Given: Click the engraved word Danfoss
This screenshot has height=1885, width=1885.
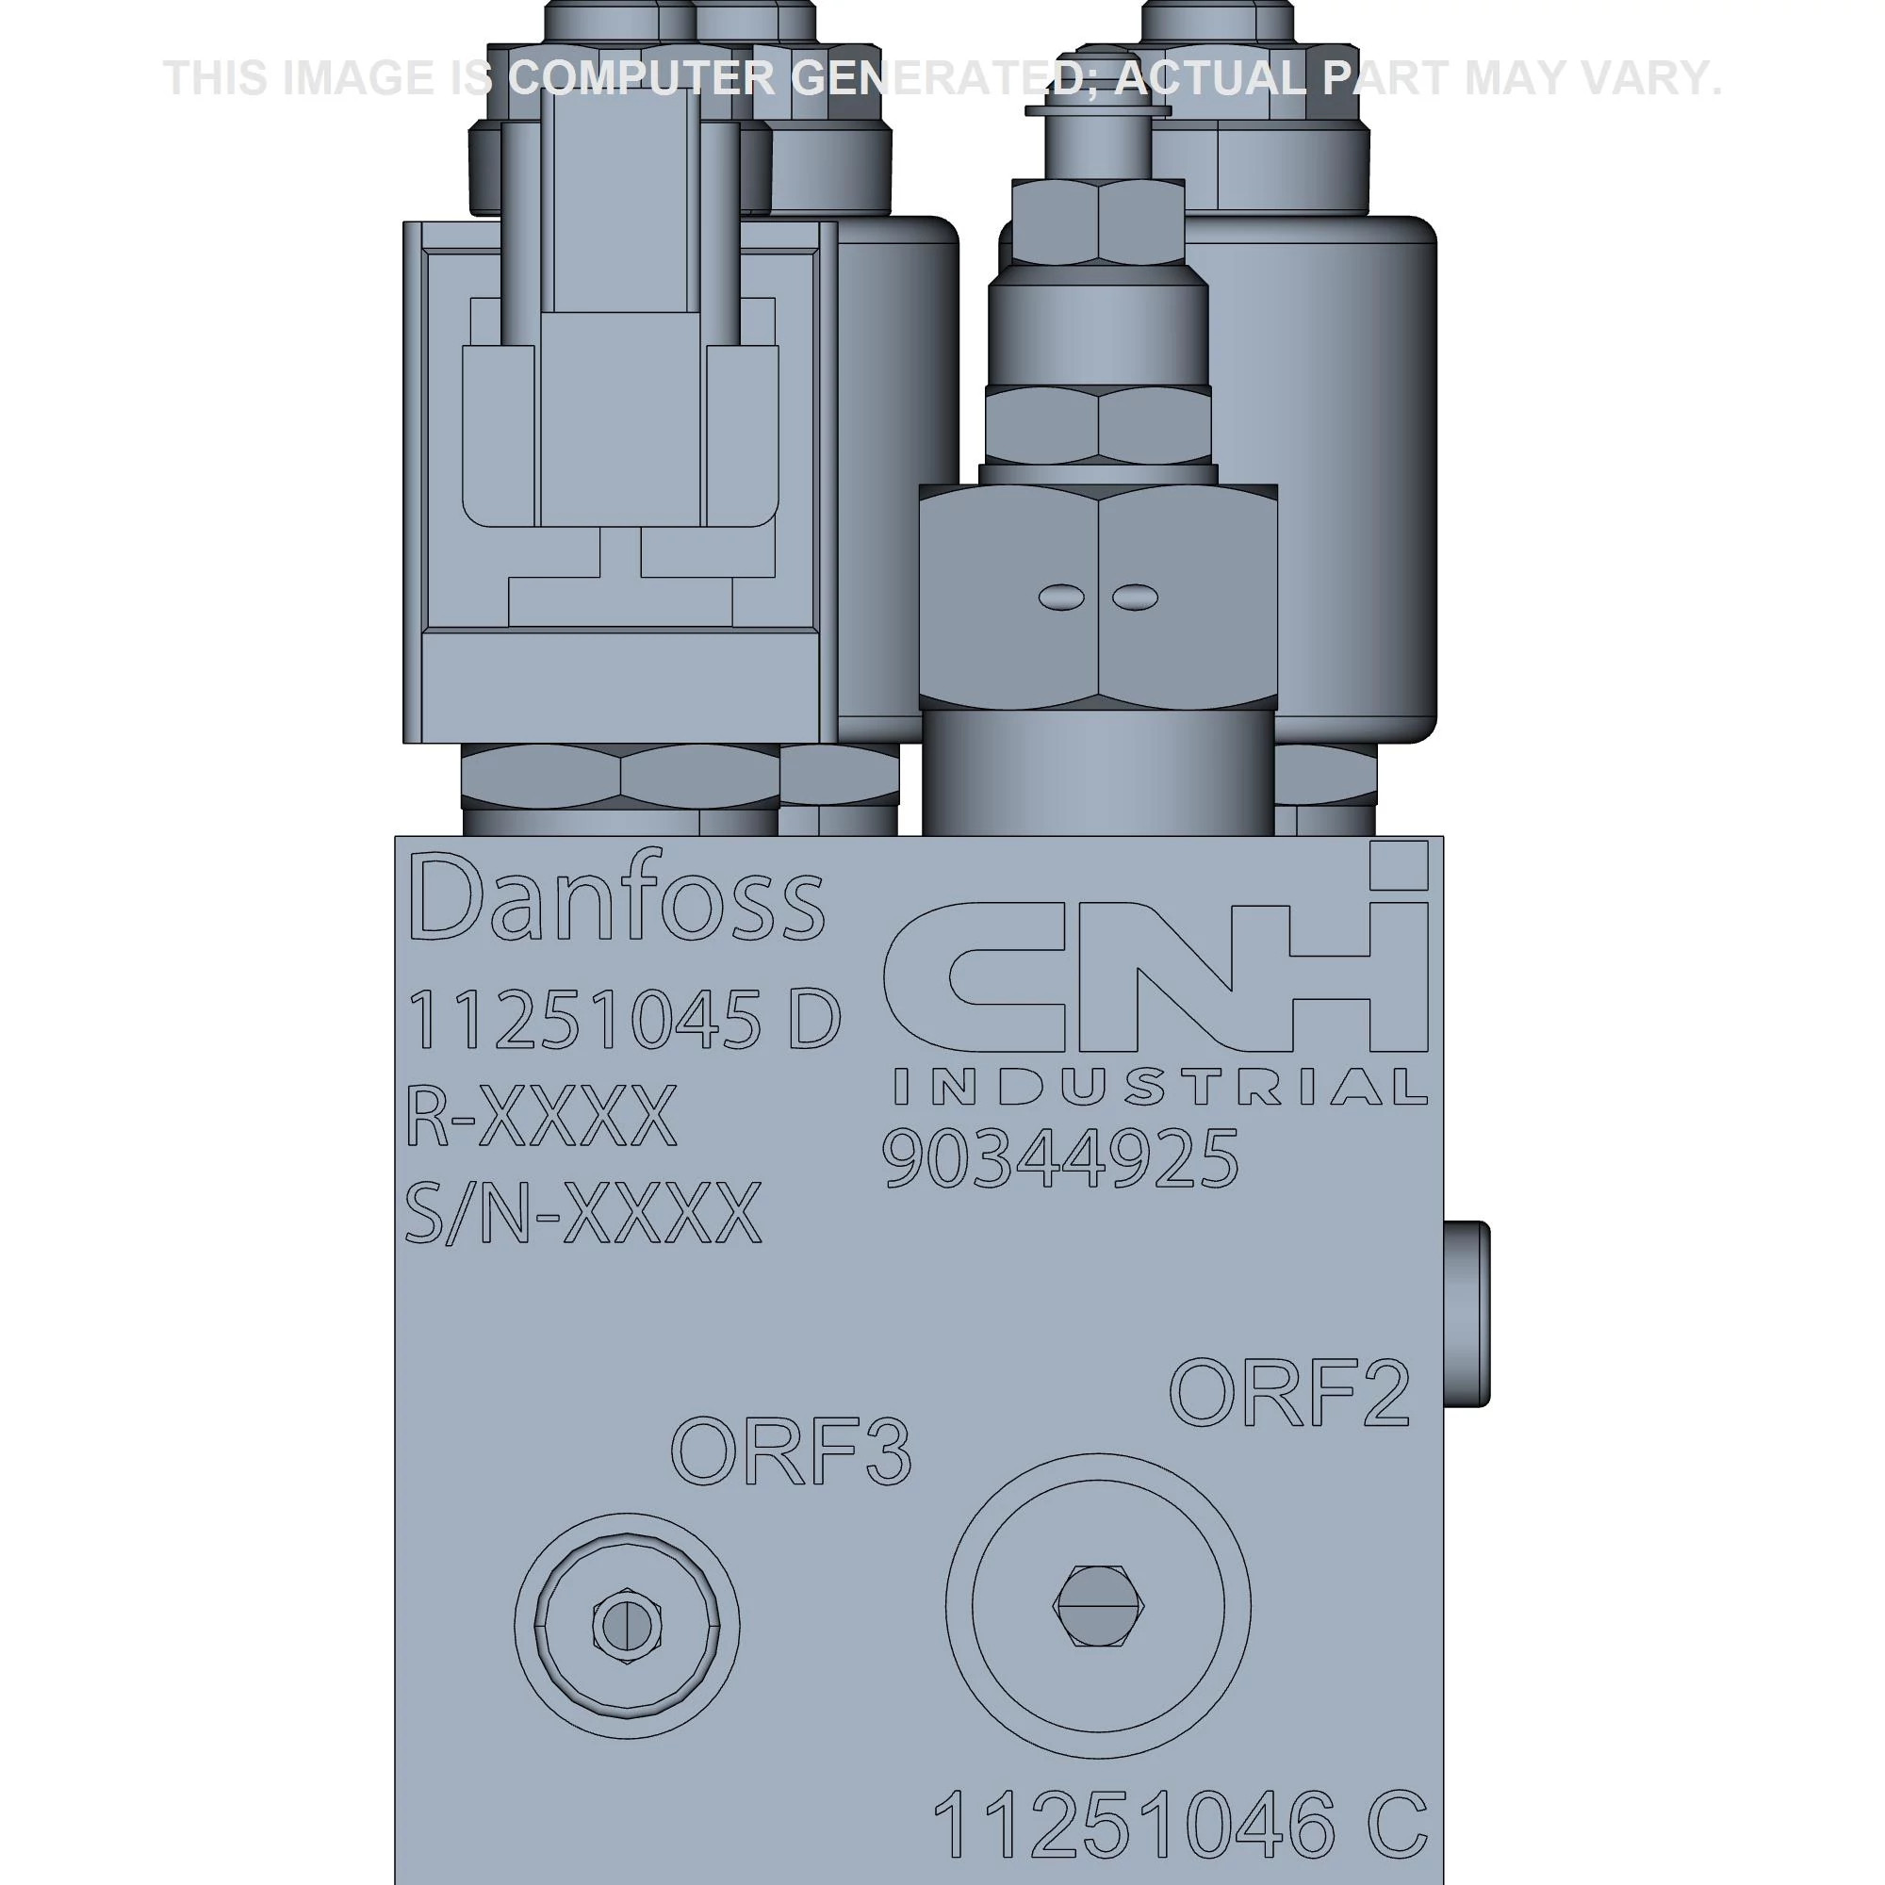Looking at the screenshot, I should [x=616, y=898].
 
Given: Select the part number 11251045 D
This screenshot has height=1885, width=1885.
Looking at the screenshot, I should [x=622, y=1021].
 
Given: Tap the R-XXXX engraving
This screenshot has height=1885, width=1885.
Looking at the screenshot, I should [x=540, y=1118].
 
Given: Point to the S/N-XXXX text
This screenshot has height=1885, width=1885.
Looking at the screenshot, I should [x=582, y=1214].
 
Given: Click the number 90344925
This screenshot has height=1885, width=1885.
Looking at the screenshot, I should [x=1059, y=1159].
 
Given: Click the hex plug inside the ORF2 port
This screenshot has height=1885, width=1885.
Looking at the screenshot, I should [x=1099, y=1607].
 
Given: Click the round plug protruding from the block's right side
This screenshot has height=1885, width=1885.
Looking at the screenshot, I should [x=1467, y=1312].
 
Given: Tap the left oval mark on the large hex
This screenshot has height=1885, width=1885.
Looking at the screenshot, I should [x=1060, y=598].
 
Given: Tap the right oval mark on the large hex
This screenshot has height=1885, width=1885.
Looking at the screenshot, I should [x=1134, y=598].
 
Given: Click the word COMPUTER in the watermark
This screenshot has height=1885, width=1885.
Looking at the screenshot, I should [x=641, y=78].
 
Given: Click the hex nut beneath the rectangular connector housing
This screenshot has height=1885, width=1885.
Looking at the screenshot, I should [x=620, y=776].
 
